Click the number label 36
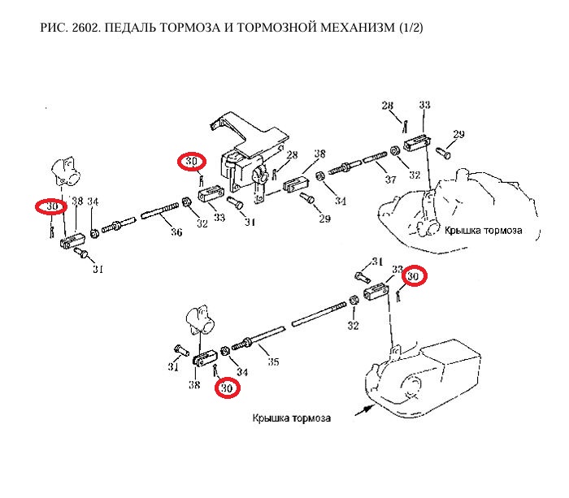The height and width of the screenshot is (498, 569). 176,232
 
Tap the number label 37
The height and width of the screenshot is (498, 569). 390,180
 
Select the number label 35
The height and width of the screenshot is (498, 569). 273,362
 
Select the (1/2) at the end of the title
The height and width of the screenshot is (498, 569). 410,28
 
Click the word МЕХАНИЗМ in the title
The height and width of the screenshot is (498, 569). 352,28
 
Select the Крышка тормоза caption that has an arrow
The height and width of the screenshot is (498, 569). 291,418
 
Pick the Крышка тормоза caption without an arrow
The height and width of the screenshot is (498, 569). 482,230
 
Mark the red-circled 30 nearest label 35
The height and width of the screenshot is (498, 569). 228,389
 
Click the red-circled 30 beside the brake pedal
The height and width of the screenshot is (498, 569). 192,162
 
